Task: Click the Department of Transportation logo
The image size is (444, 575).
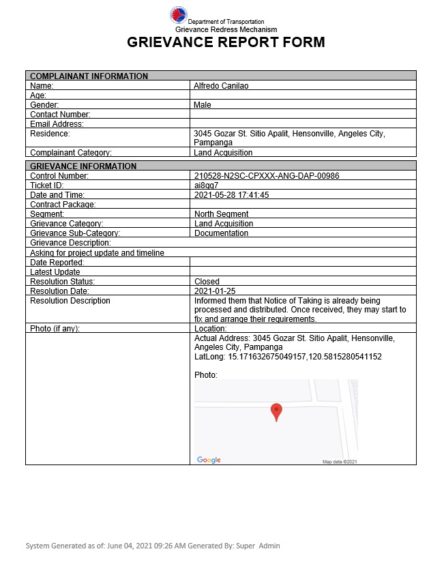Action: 178,16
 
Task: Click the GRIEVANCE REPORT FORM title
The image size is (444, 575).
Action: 226,42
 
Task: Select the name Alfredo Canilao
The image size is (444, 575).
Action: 220,86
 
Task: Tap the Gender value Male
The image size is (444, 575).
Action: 203,105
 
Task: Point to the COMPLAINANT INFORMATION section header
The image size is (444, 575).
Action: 89,76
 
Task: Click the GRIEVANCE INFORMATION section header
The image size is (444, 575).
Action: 83,166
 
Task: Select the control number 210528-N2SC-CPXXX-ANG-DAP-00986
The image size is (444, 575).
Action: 267,176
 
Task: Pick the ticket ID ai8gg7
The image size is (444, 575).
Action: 206,186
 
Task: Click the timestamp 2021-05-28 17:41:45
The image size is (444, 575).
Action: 232,195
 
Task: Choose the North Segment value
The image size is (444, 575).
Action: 221,214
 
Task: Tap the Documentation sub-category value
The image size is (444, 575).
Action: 221,233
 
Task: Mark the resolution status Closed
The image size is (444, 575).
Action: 207,281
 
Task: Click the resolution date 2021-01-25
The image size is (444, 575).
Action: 214,291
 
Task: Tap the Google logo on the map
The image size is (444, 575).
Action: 209,460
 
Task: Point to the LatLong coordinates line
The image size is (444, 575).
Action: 288,357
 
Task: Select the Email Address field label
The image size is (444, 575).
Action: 57,124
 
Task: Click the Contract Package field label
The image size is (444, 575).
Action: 63,205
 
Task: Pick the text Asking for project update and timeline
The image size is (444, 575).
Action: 97,252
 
